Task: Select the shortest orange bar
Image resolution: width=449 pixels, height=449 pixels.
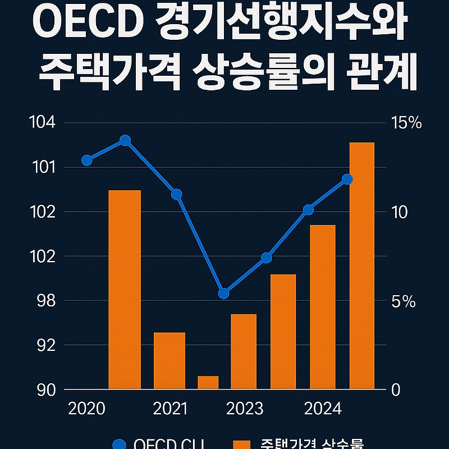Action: click(208, 382)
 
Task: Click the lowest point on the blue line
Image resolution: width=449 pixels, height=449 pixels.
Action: click(223, 293)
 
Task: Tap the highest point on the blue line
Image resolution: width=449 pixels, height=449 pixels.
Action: click(125, 140)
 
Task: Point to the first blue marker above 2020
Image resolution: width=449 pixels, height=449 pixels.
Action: click(86, 161)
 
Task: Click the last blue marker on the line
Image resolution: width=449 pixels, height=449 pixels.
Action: click(347, 179)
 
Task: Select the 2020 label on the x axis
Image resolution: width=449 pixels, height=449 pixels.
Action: click(86, 409)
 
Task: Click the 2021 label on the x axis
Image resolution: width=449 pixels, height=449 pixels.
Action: click(170, 409)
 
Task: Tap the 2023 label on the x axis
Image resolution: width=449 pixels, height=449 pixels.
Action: click(245, 409)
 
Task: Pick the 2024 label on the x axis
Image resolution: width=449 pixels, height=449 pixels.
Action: click(323, 409)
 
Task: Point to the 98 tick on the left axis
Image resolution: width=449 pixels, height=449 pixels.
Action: click(46, 301)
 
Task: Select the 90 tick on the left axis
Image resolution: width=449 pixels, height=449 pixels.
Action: click(46, 390)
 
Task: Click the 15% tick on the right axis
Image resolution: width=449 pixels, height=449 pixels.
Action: click(406, 123)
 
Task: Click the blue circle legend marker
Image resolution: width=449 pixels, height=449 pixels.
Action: click(120, 445)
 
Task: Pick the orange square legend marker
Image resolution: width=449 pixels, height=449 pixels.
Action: click(241, 445)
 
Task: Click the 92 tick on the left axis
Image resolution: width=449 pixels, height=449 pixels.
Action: click(46, 345)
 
